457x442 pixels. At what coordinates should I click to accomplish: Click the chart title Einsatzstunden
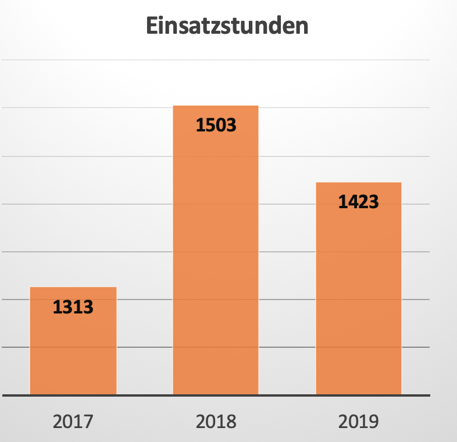coord(226,27)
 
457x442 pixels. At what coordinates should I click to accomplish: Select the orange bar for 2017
coord(73,349)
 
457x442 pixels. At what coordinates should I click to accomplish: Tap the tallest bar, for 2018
coord(216,262)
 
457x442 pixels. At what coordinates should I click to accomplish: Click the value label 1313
coord(73,306)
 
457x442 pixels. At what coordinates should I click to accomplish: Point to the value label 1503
coord(216,125)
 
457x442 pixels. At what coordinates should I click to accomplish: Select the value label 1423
coord(359,202)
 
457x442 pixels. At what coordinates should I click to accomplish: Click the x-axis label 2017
coord(73,420)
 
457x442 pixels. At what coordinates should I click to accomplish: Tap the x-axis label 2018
coord(216,420)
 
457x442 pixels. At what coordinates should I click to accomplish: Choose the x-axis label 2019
coord(359,420)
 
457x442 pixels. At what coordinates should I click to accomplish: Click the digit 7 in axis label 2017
coord(88,420)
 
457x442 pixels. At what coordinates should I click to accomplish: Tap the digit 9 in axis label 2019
coord(373,420)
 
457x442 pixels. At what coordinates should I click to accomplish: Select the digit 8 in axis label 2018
coord(231,420)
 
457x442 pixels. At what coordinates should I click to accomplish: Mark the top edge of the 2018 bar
coord(216,106)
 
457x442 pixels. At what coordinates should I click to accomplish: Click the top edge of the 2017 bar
coord(73,288)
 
